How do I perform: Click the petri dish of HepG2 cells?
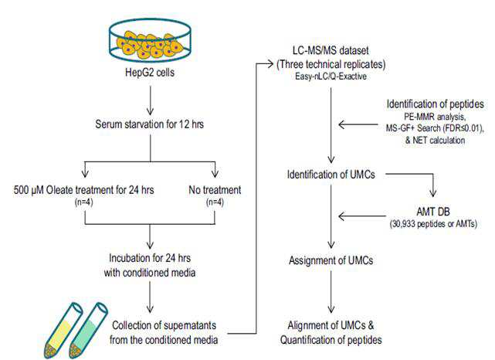point(151,39)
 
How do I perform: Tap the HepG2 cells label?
point(150,73)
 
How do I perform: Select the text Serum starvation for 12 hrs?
point(149,124)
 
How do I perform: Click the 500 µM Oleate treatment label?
point(83,190)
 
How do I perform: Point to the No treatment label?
point(215,190)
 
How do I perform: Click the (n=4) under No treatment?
point(215,202)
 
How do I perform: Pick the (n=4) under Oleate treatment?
point(83,202)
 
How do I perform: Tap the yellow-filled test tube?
point(63,331)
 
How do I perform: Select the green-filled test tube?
point(88,331)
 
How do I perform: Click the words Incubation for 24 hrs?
point(150,258)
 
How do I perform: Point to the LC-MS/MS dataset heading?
point(331,50)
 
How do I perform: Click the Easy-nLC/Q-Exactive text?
point(331,76)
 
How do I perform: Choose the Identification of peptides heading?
point(435,104)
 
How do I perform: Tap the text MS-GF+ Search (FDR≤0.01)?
point(435,128)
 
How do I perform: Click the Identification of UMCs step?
point(331,175)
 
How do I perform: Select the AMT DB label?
point(433,212)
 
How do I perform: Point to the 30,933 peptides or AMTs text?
point(433,224)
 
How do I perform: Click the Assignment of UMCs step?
point(331,260)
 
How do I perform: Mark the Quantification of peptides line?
point(331,340)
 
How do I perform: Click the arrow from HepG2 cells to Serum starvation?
point(151,100)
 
